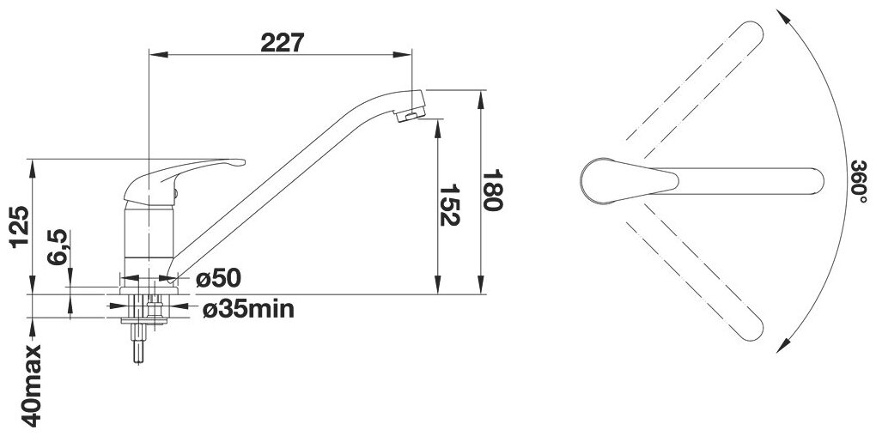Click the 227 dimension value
pyautogui.click(x=283, y=42)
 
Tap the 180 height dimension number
pyautogui.click(x=492, y=191)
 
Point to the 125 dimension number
pyautogui.click(x=21, y=227)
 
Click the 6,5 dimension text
pyautogui.click(x=58, y=246)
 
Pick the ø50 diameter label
pyautogui.click(x=218, y=278)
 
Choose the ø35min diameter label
pyautogui.click(x=248, y=309)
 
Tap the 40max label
pyautogui.click(x=31, y=385)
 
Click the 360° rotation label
pyautogui.click(x=859, y=181)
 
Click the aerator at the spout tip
pyautogui.click(x=409, y=114)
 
